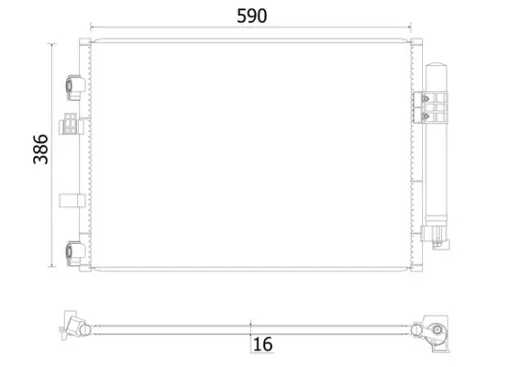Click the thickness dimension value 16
pos(261,344)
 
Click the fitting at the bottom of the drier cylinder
pos(436,241)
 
